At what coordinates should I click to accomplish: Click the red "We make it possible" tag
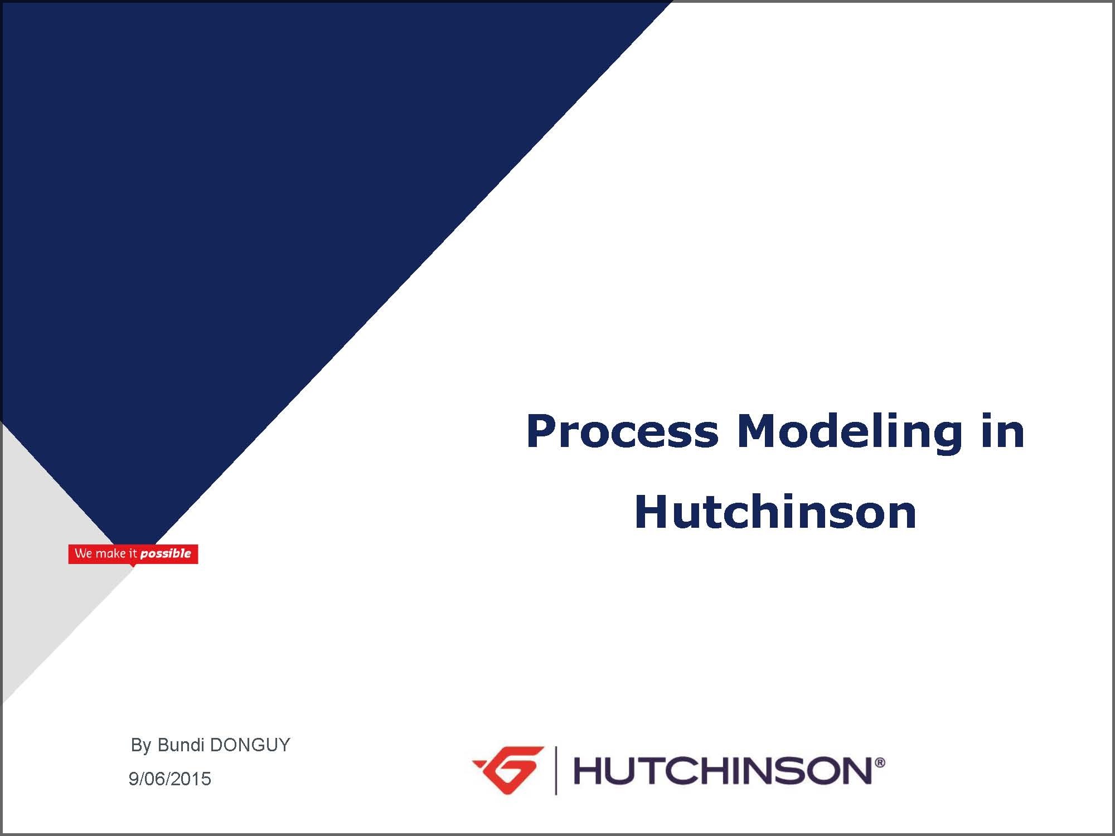point(133,554)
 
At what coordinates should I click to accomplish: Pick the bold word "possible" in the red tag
point(166,554)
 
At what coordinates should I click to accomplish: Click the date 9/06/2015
point(170,779)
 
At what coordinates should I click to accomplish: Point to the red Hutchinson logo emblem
point(508,770)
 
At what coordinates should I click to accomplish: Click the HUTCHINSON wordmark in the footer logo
point(723,771)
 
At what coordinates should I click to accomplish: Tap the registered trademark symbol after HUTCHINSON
point(880,762)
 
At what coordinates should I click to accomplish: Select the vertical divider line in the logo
point(556,770)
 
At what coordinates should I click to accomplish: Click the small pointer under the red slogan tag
point(133,565)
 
